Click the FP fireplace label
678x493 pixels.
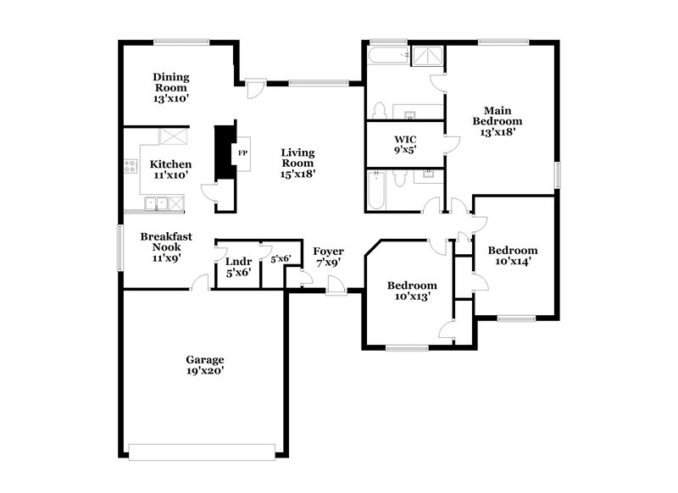coord(242,153)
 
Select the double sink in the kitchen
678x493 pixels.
coord(154,202)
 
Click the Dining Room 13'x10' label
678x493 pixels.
coord(170,87)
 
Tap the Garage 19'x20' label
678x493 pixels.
coord(205,365)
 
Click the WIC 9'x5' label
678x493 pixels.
coord(404,144)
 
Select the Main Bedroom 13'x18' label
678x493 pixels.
coord(497,120)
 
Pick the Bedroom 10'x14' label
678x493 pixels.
coord(512,256)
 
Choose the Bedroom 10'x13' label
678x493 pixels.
coord(411,291)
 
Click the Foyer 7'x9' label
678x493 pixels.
coord(328,257)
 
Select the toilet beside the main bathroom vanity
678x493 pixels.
coord(380,110)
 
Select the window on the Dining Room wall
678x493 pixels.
coord(181,41)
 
